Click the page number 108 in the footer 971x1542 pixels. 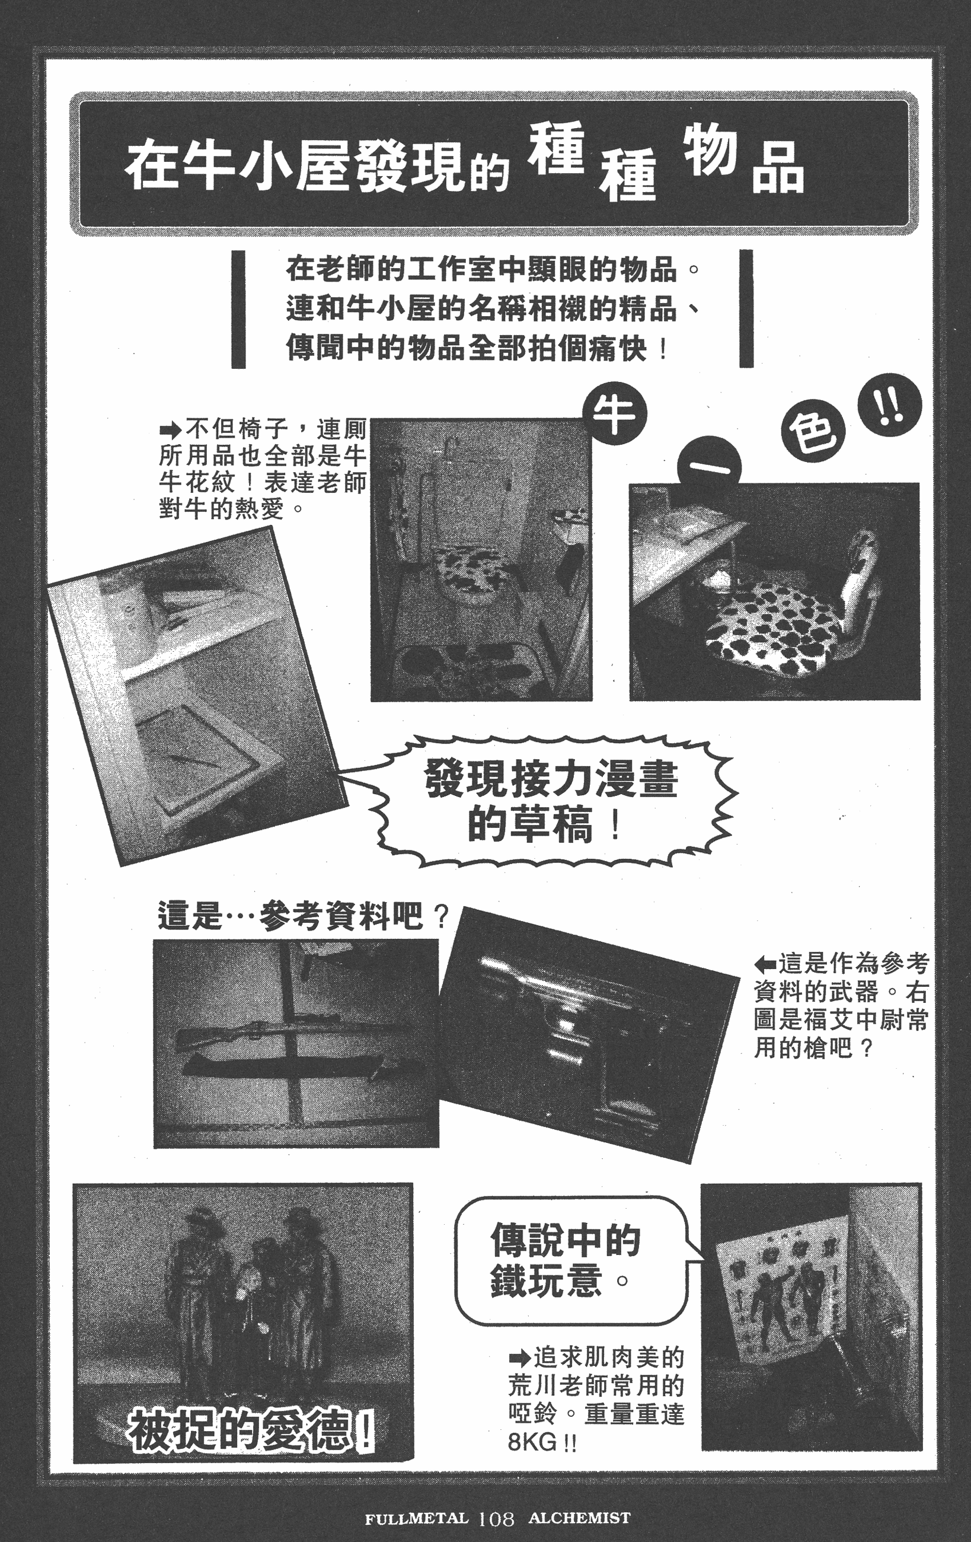point(496,1518)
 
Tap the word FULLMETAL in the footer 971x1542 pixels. point(416,1518)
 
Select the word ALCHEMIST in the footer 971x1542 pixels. point(579,1518)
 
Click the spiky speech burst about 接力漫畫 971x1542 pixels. point(551,801)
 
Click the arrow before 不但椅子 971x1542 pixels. point(171,428)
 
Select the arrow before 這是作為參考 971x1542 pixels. point(765,963)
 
